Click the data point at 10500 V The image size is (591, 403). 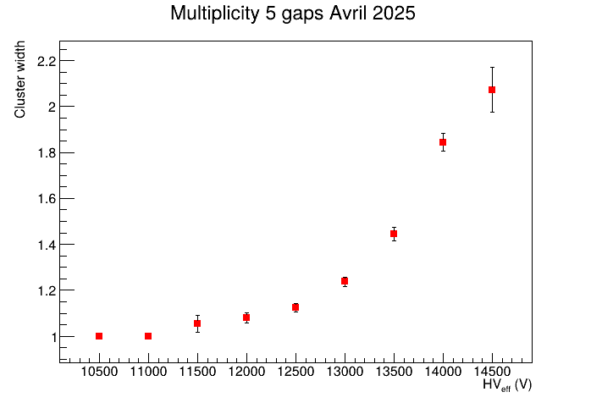click(99, 336)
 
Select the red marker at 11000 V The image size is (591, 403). click(148, 336)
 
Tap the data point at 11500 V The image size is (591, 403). click(197, 323)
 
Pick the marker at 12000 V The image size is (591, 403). click(246, 317)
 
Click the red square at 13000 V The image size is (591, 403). click(345, 281)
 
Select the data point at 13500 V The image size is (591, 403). click(394, 234)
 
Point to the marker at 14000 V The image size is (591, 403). click(443, 142)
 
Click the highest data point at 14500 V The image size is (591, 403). click(492, 90)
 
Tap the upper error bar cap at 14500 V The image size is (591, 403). click(492, 67)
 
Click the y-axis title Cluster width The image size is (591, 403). click(20, 79)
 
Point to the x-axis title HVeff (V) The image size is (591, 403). click(507, 385)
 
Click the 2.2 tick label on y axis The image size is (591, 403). click(46, 61)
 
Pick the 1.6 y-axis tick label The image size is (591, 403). click(46, 199)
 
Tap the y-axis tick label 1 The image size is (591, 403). click(50, 337)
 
